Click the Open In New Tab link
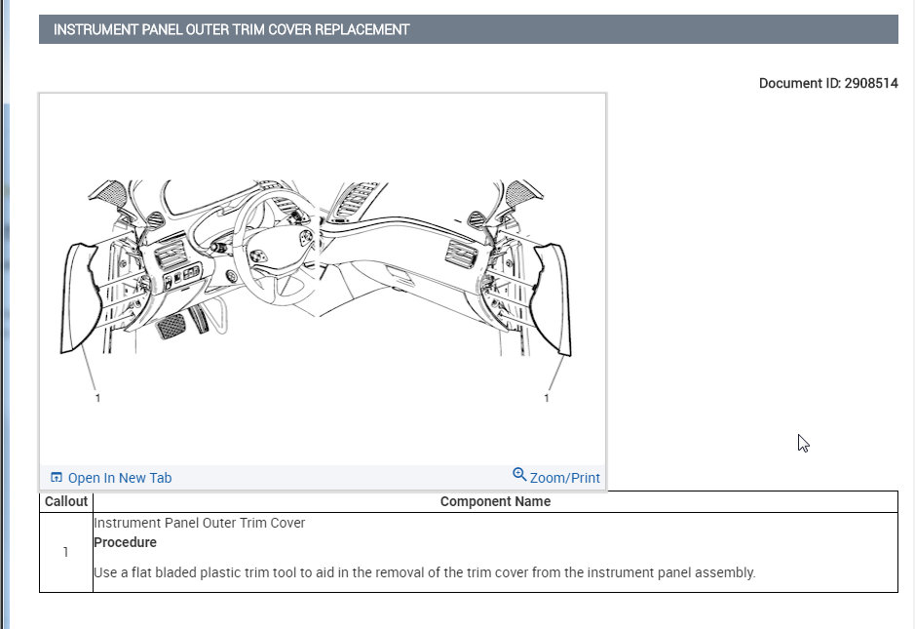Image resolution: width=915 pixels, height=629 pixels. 119,478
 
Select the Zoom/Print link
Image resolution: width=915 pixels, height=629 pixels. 564,478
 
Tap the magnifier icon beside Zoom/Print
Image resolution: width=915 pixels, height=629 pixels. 519,475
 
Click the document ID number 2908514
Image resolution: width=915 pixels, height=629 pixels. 870,84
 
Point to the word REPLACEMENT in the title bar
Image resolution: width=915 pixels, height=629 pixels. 361,30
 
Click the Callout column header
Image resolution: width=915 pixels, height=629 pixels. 66,501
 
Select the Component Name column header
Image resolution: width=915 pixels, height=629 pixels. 495,501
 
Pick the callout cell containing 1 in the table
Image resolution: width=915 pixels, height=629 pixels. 66,552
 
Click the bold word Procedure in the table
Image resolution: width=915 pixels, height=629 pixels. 125,542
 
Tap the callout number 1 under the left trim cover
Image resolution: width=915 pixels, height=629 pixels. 97,398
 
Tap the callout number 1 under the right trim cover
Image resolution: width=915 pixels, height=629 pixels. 547,398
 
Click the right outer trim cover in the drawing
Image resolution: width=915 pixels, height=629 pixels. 553,297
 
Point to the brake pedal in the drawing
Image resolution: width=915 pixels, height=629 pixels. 172,325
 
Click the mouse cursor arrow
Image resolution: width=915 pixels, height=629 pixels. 802,443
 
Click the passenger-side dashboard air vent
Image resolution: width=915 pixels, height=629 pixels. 457,256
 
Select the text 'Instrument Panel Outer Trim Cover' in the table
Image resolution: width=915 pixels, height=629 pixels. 199,523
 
